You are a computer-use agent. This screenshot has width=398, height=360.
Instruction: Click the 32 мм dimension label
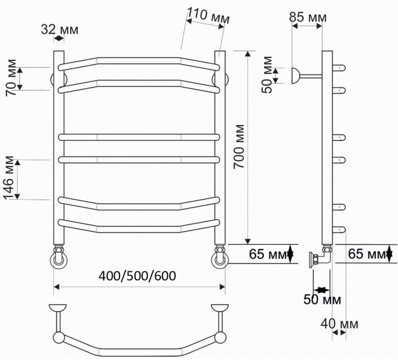pos(59,29)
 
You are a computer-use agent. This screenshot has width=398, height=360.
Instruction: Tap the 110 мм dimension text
pos(208,18)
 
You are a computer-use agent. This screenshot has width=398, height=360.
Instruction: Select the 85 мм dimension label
pos(308,18)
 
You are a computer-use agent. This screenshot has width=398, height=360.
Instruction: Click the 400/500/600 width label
pos(137,276)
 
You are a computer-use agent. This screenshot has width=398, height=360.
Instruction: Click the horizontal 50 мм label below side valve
pos(322,299)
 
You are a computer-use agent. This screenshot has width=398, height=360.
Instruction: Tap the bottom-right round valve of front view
pos(220,260)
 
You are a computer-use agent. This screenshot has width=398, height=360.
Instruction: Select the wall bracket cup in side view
pos(296,76)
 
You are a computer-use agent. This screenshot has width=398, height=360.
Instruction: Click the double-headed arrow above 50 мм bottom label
pos(322,289)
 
